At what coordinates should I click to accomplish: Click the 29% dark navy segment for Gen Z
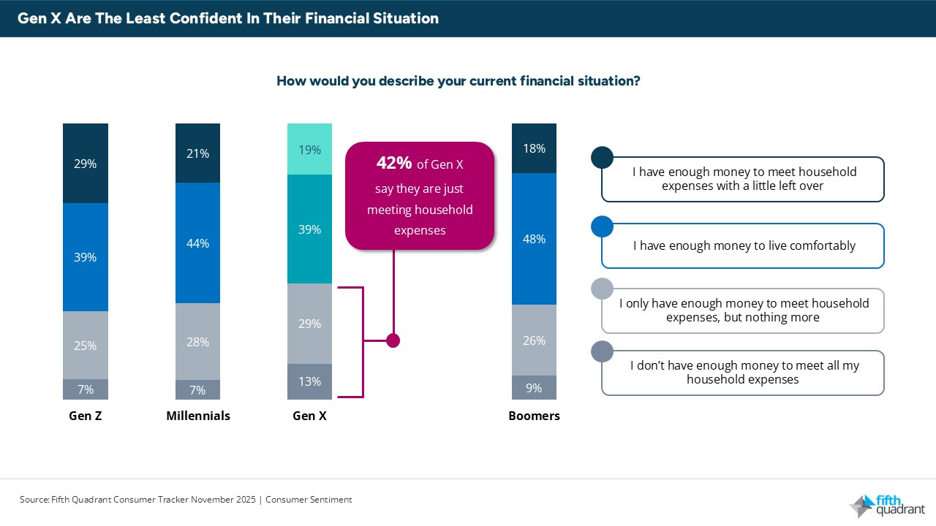click(86, 164)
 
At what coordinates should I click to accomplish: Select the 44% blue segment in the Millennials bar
click(197, 243)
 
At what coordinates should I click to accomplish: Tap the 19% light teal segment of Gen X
click(309, 150)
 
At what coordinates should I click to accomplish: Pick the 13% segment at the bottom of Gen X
click(309, 381)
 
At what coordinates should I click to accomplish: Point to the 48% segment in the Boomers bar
click(534, 239)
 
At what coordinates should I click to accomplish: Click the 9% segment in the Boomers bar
click(534, 388)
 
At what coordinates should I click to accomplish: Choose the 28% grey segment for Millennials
click(197, 341)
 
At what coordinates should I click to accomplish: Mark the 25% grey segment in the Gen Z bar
click(86, 346)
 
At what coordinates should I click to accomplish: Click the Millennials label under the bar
click(197, 416)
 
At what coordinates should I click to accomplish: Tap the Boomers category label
click(534, 416)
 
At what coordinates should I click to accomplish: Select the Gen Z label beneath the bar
click(86, 416)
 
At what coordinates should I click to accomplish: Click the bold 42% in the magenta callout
click(393, 164)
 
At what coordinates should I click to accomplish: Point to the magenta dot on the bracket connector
click(393, 340)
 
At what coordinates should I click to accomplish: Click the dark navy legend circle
click(601, 157)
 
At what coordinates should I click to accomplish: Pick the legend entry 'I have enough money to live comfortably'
click(744, 246)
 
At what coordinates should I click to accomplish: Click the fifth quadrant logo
click(886, 505)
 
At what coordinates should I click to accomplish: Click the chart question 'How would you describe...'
click(458, 80)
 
